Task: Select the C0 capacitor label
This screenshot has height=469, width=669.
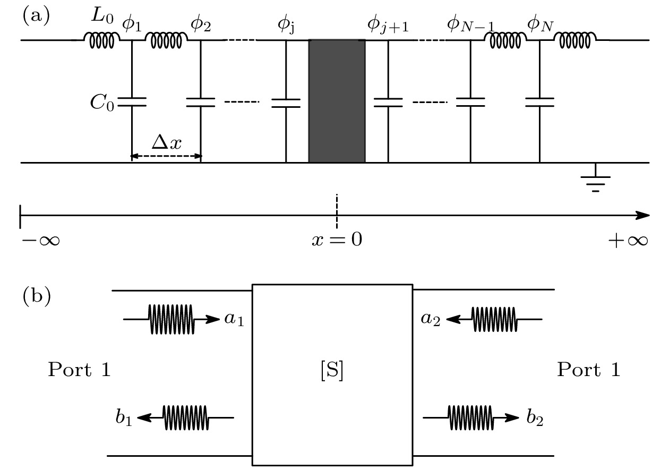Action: (x=101, y=102)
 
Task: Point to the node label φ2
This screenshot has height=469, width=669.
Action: (x=200, y=24)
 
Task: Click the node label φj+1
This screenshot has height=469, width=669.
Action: (x=388, y=24)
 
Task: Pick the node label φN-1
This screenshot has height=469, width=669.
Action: (x=470, y=24)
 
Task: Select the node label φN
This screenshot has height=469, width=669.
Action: (x=539, y=24)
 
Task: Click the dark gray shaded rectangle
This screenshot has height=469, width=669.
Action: (x=337, y=101)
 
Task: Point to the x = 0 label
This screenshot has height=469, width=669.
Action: (x=337, y=240)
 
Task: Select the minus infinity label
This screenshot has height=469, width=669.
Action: (x=40, y=241)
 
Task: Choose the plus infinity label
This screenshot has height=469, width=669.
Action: (x=628, y=241)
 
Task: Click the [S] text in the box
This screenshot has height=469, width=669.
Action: (x=332, y=371)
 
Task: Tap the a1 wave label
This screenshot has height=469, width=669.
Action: (x=234, y=320)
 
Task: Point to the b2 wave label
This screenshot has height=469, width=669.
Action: (x=535, y=419)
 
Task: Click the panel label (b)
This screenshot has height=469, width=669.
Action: (x=36, y=297)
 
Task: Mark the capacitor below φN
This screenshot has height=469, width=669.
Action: (x=539, y=102)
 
